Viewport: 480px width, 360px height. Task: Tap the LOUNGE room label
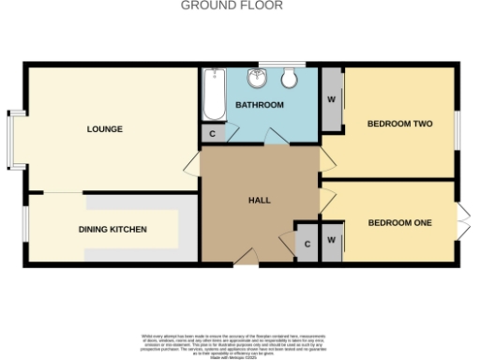pyautogui.click(x=105, y=128)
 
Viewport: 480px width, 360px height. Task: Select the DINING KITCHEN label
pyautogui.click(x=112, y=229)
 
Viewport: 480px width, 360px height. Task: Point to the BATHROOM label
pyautogui.click(x=259, y=105)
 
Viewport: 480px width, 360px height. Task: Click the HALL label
pyautogui.click(x=260, y=201)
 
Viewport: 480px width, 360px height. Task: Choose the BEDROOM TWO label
pyautogui.click(x=399, y=123)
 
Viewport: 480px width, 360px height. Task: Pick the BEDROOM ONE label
pyautogui.click(x=399, y=222)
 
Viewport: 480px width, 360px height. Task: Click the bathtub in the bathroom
pyautogui.click(x=214, y=97)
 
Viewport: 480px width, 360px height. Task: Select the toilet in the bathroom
pyautogui.click(x=290, y=77)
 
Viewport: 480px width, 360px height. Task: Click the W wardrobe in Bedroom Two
pyautogui.click(x=332, y=97)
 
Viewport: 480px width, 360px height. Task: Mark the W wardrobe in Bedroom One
pyautogui.click(x=332, y=241)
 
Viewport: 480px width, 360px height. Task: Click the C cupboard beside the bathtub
pyautogui.click(x=214, y=134)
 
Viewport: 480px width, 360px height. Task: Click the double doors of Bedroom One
pyautogui.click(x=462, y=221)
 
